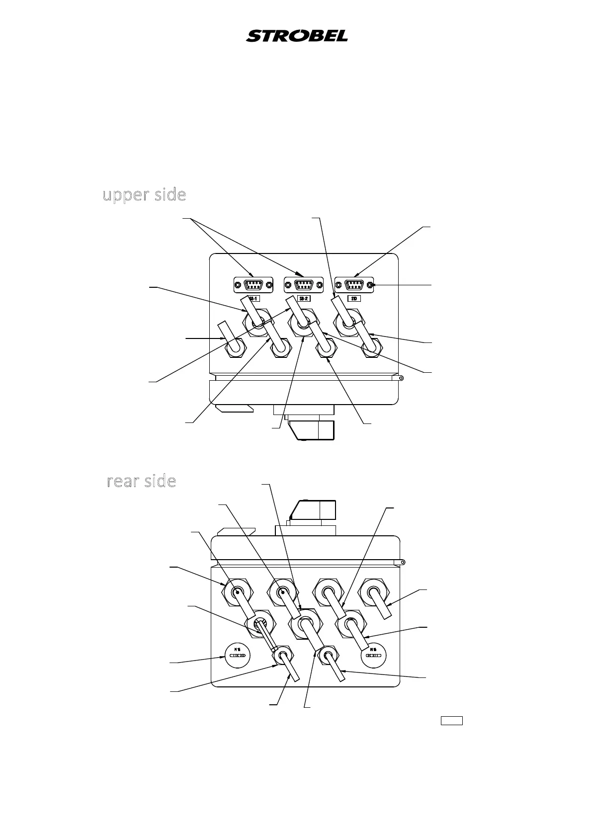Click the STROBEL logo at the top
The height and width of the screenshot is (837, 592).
click(297, 36)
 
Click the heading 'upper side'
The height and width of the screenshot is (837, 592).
click(144, 195)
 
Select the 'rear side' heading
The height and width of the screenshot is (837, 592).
click(142, 481)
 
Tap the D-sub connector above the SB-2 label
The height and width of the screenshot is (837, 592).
click(303, 285)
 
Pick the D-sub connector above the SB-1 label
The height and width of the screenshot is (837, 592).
click(253, 285)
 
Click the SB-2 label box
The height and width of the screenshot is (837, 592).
click(303, 299)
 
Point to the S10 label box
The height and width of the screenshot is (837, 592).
click(354, 299)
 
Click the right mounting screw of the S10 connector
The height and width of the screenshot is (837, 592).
click(370, 285)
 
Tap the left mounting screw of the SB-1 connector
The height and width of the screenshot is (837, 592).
click(238, 285)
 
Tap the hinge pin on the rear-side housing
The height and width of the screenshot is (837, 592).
click(402, 563)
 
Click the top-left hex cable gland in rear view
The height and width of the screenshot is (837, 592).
click(237, 592)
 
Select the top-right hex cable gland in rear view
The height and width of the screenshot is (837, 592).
click(376, 592)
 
